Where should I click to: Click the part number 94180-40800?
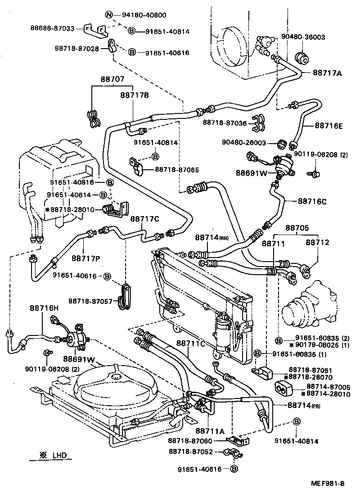pos(144,15)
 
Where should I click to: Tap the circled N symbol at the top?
pos(109,15)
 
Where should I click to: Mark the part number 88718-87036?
pos(225,122)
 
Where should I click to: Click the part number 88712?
pos(318,242)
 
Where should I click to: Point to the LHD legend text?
pos(58,456)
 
